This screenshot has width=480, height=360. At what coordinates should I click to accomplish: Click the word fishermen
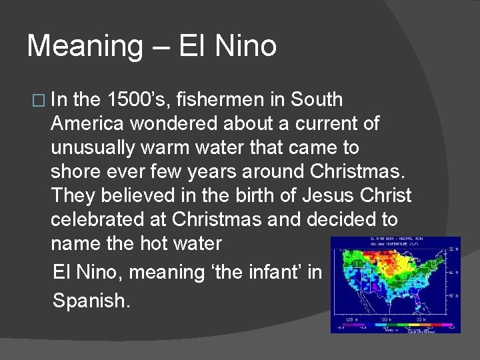[234, 100]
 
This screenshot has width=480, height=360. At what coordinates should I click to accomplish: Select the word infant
[269, 272]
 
